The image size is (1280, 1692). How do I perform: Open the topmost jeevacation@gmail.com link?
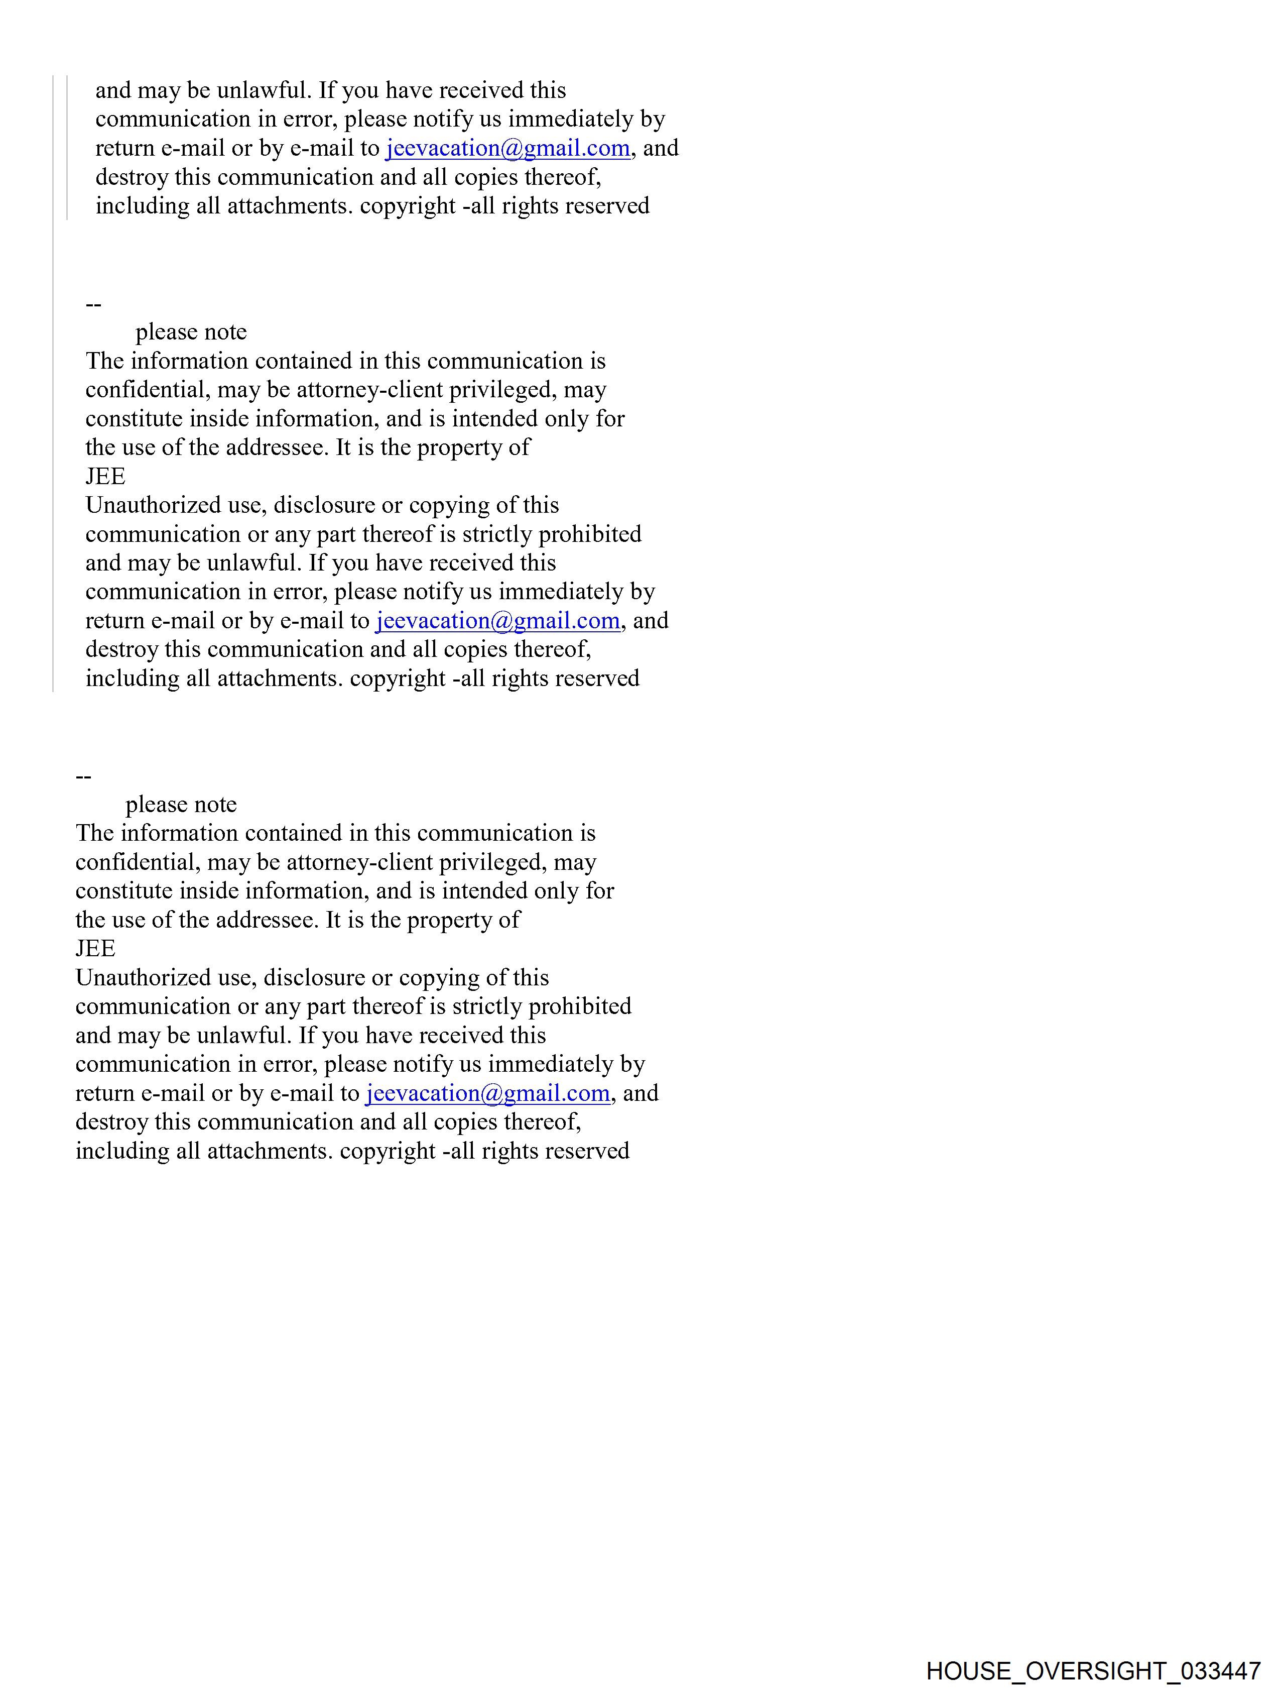point(507,148)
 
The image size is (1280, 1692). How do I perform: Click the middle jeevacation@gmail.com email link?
point(498,620)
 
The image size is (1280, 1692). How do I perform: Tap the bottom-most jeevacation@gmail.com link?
point(488,1092)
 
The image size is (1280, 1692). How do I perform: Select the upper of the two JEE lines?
point(105,477)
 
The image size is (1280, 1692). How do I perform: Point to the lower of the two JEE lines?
point(95,949)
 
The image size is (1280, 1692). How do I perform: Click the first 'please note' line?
point(191,332)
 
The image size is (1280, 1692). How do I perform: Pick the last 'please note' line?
point(181,804)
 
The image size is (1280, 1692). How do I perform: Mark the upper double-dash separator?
point(93,304)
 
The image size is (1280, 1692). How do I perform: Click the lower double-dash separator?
point(83,776)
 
